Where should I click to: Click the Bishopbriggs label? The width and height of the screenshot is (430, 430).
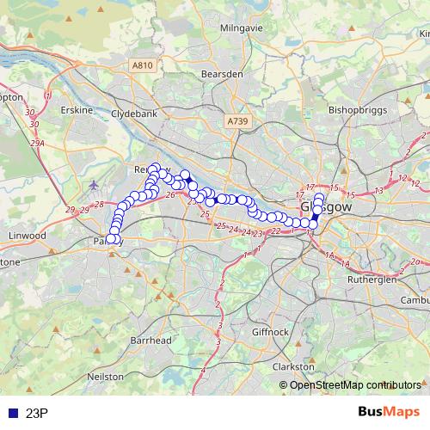(x=354, y=110)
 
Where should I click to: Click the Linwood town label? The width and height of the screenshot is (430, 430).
(x=24, y=235)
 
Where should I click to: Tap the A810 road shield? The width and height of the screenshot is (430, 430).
(x=143, y=65)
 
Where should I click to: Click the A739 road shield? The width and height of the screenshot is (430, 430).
(x=237, y=123)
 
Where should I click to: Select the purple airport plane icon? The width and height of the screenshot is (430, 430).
(x=93, y=184)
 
